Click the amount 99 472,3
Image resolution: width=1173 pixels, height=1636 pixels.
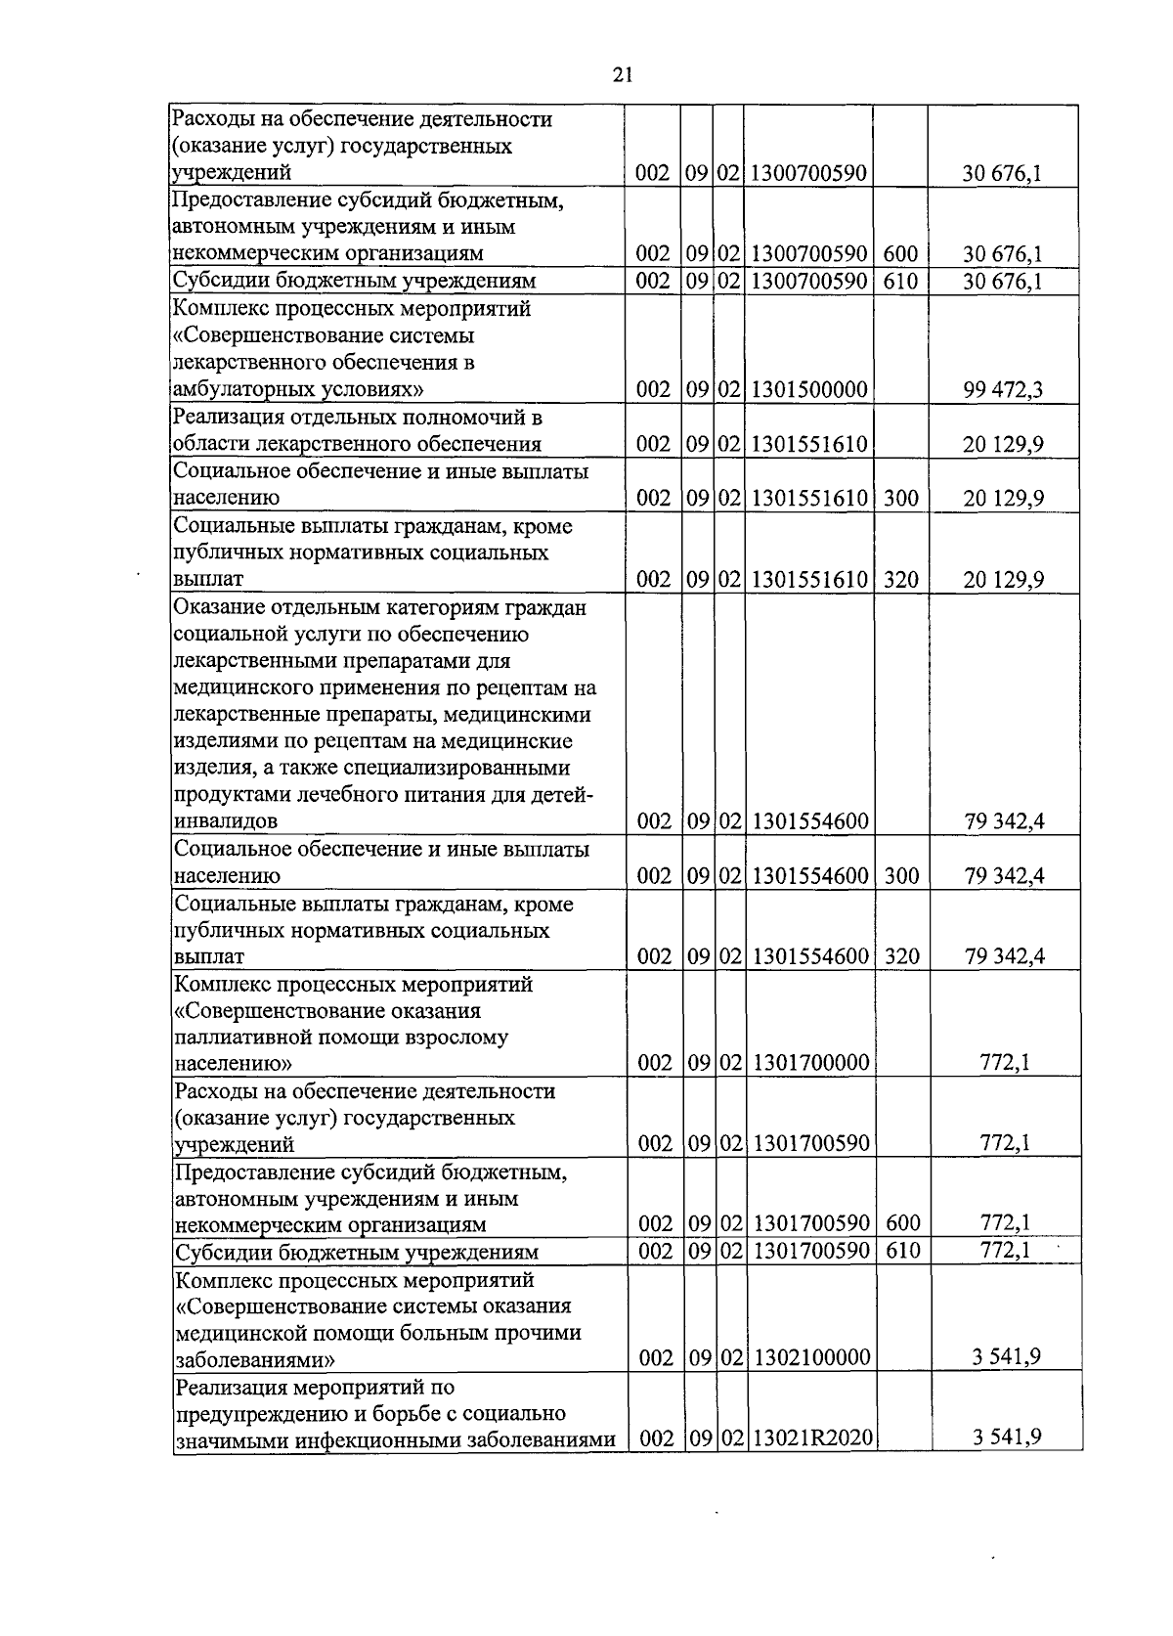[x=1003, y=390]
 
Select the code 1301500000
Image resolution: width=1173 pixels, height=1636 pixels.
[x=809, y=390]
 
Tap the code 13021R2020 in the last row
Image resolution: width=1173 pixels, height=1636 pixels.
[x=810, y=1437]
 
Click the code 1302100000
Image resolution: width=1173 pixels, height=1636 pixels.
[x=809, y=1357]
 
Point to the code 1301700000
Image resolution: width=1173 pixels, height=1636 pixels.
[x=809, y=1062]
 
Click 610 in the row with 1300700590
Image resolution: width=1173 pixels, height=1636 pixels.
[x=900, y=282]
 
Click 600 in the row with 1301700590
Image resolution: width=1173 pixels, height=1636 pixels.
[x=900, y=1223]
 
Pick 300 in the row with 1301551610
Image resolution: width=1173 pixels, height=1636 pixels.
[x=900, y=498]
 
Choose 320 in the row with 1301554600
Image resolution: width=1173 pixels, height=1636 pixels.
[x=900, y=955]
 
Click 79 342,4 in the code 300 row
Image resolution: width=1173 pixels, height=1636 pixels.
[x=1004, y=875]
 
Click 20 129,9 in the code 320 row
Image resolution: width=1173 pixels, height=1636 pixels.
[x=1003, y=579]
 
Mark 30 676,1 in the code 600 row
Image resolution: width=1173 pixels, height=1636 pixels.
[x=1002, y=254]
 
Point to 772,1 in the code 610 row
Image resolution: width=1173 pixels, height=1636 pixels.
[x=1005, y=1250]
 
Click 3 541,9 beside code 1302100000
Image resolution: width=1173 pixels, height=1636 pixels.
[x=1006, y=1357]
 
